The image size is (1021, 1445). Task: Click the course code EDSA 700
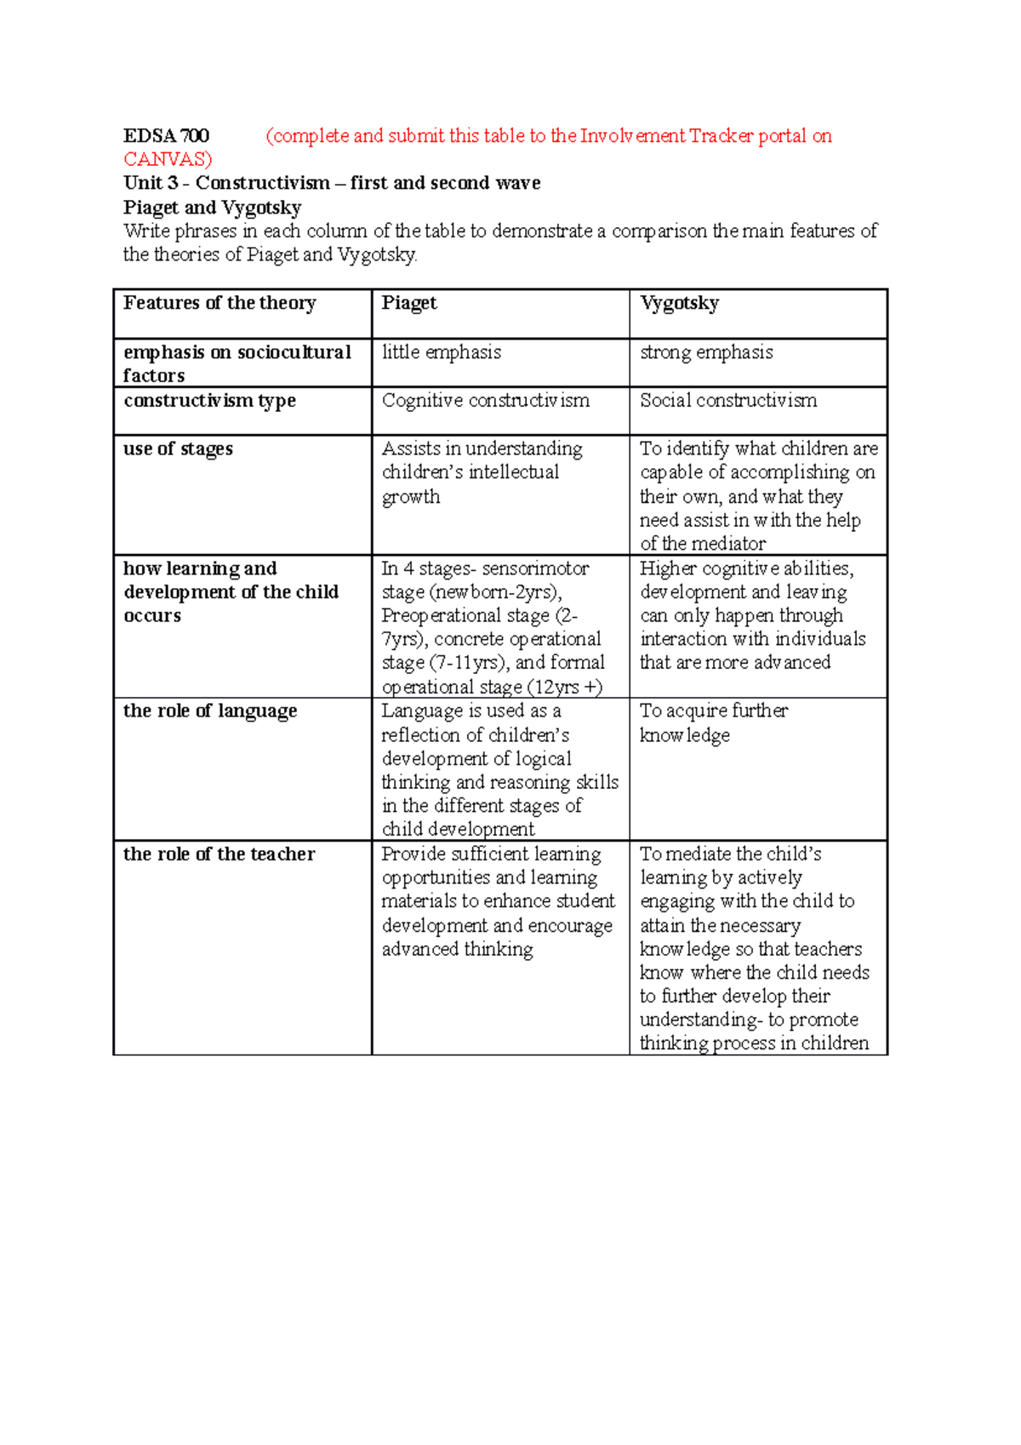click(166, 136)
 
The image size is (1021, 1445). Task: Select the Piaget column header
click(409, 303)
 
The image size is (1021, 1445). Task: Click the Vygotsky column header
click(679, 303)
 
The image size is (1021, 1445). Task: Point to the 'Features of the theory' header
click(220, 303)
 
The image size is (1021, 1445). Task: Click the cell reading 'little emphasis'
click(441, 352)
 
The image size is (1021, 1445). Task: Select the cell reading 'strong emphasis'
click(706, 352)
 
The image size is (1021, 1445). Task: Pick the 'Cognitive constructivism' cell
click(485, 401)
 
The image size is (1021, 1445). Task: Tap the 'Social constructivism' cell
click(728, 401)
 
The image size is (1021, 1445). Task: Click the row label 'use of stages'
click(178, 448)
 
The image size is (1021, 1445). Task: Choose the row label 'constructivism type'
click(209, 401)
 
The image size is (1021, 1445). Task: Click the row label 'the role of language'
click(210, 711)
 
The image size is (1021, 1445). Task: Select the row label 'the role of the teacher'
click(219, 854)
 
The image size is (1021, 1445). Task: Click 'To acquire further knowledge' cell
click(713, 722)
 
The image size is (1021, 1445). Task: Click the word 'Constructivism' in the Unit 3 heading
click(262, 183)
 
